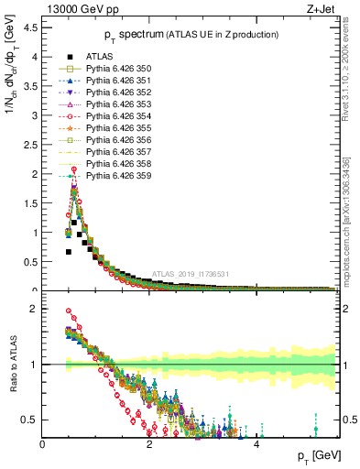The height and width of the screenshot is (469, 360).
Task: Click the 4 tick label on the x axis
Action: pyautogui.click(x=256, y=446)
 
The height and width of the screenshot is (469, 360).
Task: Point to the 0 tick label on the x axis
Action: pyautogui.click(x=43, y=446)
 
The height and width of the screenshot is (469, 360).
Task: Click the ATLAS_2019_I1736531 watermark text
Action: pyautogui.click(x=191, y=274)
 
